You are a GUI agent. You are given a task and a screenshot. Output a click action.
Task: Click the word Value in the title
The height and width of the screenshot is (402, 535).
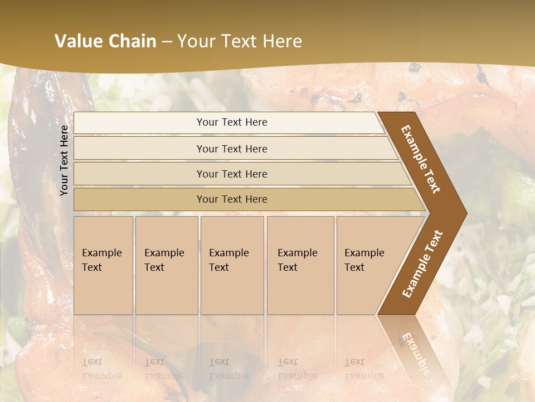pos(77,41)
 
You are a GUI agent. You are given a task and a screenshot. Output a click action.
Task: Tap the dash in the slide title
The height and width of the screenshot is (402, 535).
pos(167,42)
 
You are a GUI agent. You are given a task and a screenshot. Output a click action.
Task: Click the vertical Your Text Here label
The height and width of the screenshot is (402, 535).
pos(64,160)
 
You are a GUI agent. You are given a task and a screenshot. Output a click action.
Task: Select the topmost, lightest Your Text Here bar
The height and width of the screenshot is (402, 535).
pos(231,122)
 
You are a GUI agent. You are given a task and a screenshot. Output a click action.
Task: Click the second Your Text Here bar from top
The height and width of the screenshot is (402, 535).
pos(231,149)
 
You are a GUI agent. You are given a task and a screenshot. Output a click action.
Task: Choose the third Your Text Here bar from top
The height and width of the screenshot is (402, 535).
pos(231,174)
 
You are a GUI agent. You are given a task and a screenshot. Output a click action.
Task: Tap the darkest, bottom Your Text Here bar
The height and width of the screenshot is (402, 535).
pos(231,199)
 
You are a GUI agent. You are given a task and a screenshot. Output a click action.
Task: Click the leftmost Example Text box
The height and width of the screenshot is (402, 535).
pos(103,265)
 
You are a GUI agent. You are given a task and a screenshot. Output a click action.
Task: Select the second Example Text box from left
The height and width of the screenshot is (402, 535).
pos(166,265)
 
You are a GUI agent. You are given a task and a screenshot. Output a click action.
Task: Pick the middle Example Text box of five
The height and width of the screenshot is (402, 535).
pos(232,265)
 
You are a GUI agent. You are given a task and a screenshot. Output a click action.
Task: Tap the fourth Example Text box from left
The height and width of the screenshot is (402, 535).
pos(300,265)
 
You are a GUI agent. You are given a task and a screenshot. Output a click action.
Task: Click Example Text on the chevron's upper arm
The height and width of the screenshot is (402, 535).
pos(421,159)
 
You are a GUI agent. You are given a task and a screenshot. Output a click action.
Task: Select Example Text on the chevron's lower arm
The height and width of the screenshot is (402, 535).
pos(422,264)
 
